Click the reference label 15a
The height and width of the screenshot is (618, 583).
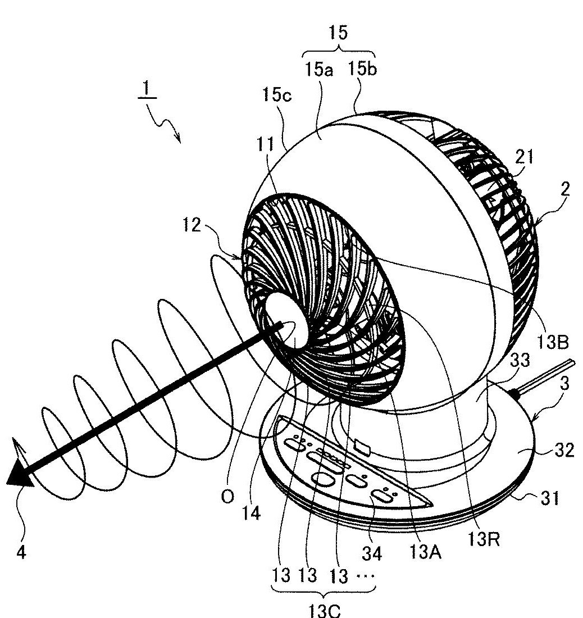319,70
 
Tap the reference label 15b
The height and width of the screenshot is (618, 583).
362,69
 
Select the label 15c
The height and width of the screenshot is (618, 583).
277,94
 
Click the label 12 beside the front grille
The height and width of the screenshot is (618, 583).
192,225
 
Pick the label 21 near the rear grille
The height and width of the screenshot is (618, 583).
524,157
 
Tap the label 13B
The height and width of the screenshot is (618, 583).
553,343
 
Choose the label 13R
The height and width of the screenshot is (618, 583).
484,539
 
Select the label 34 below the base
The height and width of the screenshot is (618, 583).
372,553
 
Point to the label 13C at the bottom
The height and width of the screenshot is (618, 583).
324,610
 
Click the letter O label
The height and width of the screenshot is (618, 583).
227,497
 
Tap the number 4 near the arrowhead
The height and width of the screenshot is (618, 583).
21,553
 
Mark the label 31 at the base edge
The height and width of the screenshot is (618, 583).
550,498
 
